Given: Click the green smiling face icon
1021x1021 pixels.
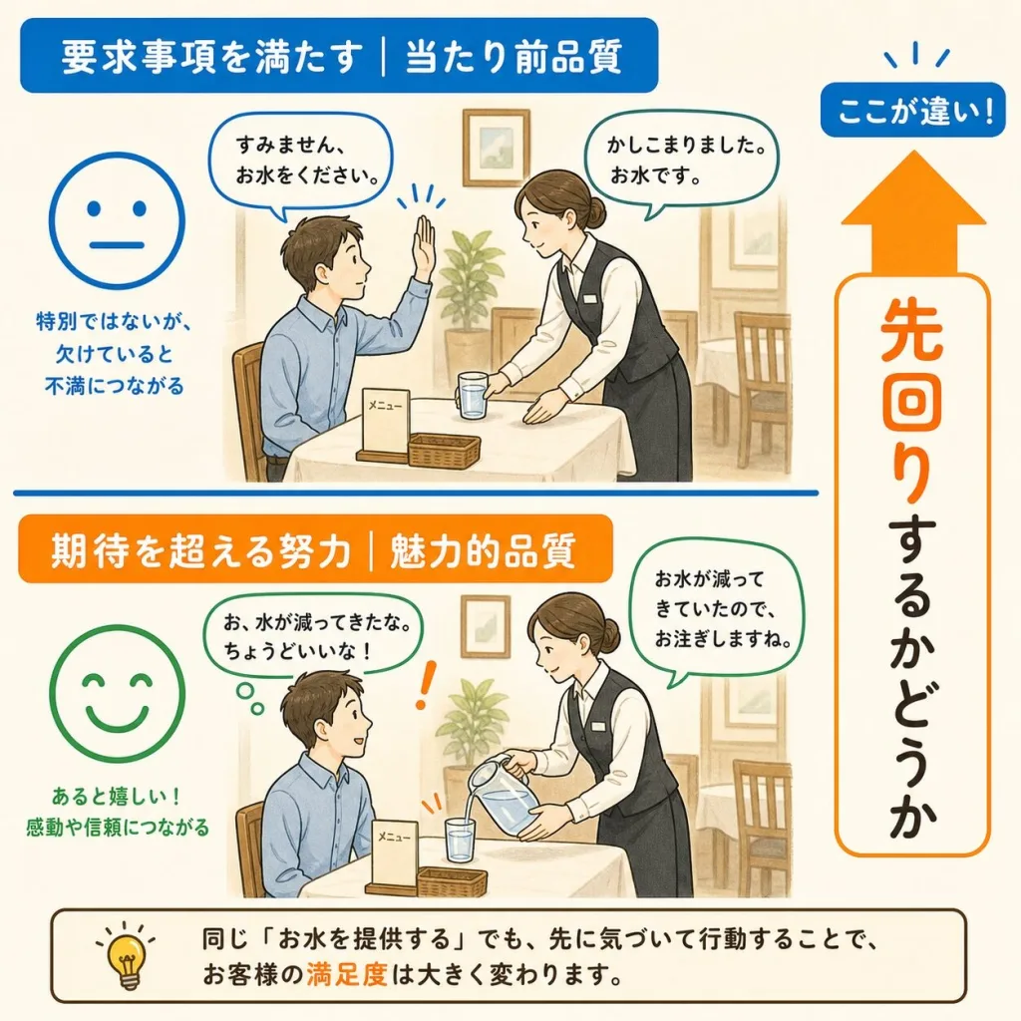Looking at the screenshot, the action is pyautogui.click(x=118, y=694).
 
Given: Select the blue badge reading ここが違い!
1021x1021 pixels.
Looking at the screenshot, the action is pyautogui.click(x=913, y=110).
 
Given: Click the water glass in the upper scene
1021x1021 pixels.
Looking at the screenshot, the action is pyautogui.click(x=473, y=395).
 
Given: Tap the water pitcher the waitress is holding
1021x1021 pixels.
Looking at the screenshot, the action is pyautogui.click(x=502, y=795).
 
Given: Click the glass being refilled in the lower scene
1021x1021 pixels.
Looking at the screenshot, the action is pyautogui.click(x=460, y=840).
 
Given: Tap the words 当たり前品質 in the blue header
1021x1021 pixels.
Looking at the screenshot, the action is pyautogui.click(x=514, y=57).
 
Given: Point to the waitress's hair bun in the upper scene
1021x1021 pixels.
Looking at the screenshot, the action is pyautogui.click(x=594, y=209).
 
